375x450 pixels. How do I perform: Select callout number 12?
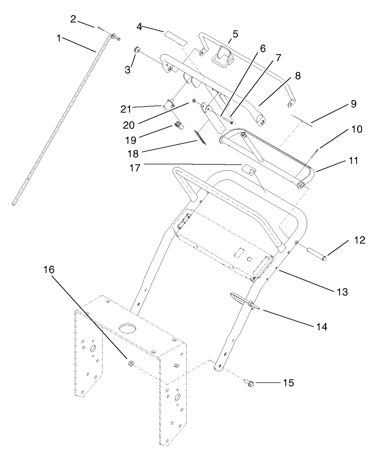point(360,240)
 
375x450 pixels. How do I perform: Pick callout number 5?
point(234,33)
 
